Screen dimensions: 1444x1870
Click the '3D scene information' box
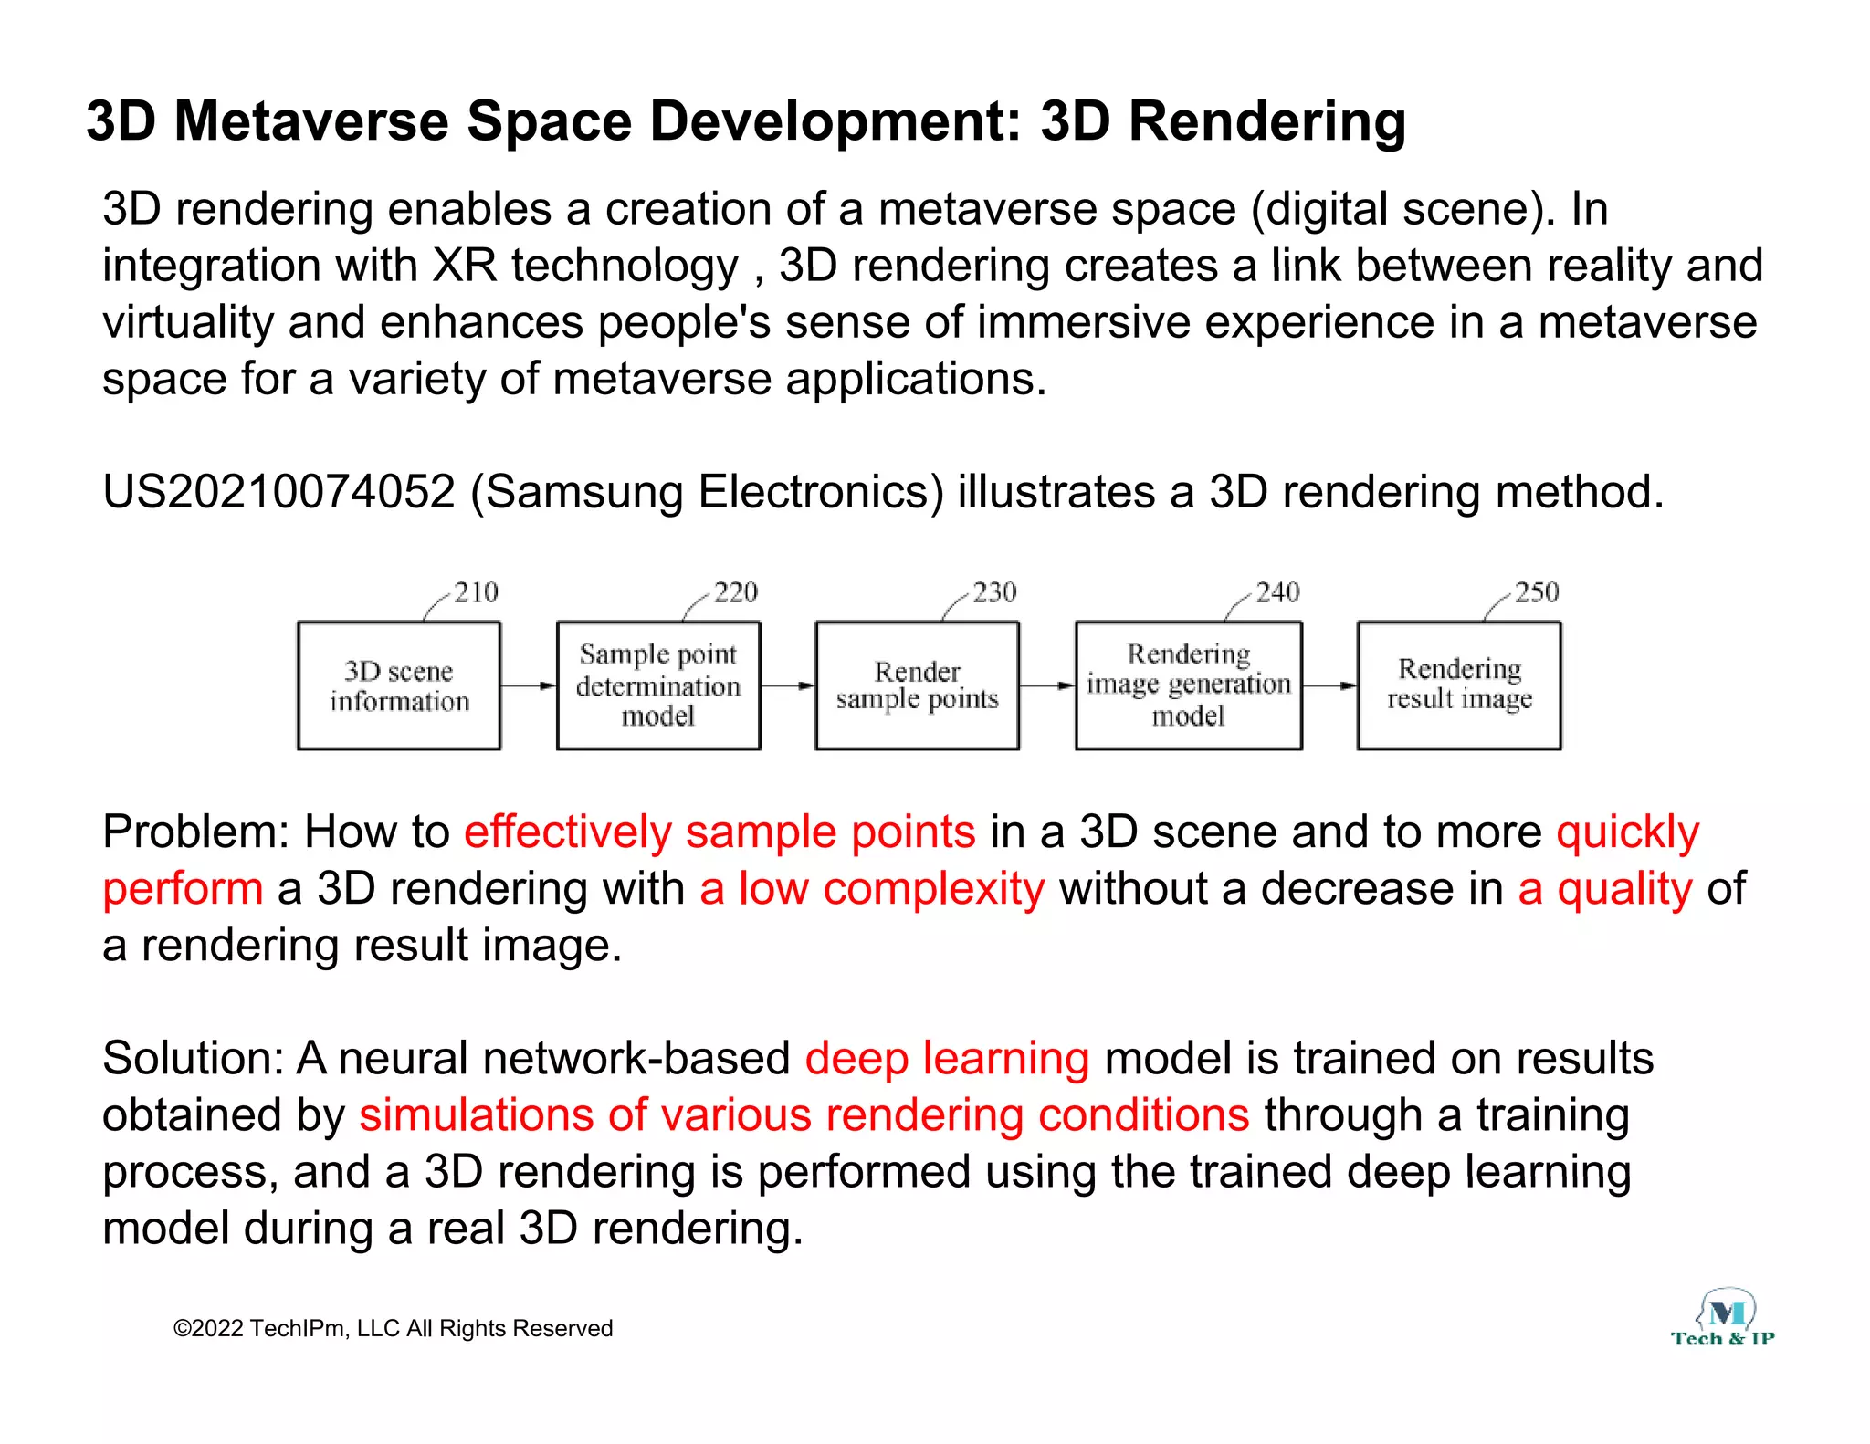(x=399, y=685)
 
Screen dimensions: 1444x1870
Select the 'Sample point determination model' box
(x=658, y=685)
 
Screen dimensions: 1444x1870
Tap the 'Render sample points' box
(x=917, y=685)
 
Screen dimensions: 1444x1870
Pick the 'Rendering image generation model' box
(x=1188, y=685)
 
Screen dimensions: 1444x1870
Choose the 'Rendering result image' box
(x=1459, y=685)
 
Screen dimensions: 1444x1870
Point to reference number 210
(x=476, y=592)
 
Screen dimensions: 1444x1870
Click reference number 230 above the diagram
(x=994, y=592)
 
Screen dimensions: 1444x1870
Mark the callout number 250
(x=1537, y=592)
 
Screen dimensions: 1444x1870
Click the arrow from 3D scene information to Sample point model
(x=529, y=685)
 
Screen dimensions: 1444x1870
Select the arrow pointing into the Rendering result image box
(x=1330, y=685)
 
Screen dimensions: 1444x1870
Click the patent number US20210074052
(x=278, y=492)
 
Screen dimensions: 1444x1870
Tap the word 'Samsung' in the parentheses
(x=584, y=492)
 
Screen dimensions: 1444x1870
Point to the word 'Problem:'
(x=195, y=832)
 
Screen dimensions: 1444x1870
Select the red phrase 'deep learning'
(x=947, y=1058)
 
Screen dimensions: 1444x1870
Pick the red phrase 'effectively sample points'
(x=720, y=832)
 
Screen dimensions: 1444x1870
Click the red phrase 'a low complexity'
(x=872, y=888)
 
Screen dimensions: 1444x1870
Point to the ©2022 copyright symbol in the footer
(x=182, y=1329)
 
